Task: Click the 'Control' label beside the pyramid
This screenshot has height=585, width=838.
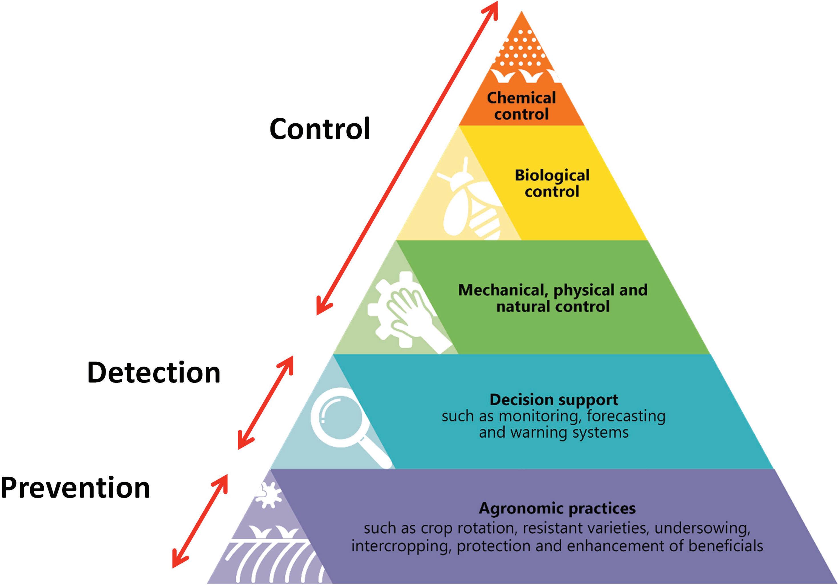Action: pyautogui.click(x=320, y=129)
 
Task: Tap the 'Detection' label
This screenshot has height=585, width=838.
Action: pyautogui.click(x=154, y=373)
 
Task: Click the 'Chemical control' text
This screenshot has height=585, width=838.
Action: pyautogui.click(x=521, y=106)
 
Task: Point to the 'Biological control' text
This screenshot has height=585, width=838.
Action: pyautogui.click(x=552, y=183)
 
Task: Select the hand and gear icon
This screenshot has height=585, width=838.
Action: pyautogui.click(x=405, y=310)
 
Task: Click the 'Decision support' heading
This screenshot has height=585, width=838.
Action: pyautogui.click(x=554, y=400)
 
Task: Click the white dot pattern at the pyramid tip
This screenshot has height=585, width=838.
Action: pyautogui.click(x=521, y=51)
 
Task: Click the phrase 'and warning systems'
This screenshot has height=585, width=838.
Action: pyautogui.click(x=554, y=433)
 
